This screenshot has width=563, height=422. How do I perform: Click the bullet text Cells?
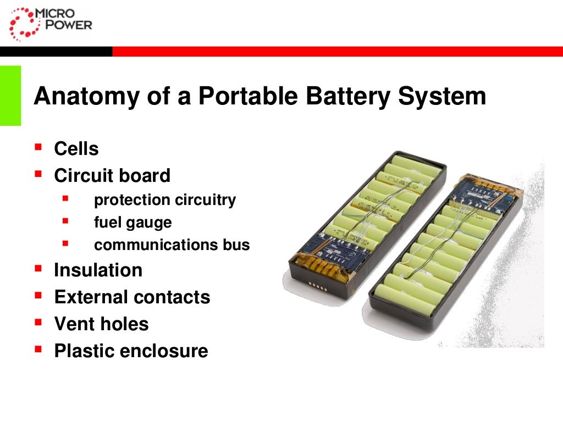(x=76, y=149)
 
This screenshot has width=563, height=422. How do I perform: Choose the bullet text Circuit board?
(x=112, y=176)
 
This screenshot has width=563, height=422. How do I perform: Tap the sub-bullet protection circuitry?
(x=165, y=200)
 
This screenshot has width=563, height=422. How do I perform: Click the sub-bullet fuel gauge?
(x=133, y=223)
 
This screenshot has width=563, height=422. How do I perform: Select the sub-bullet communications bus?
(x=172, y=245)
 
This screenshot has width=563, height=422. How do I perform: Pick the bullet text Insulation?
(x=98, y=270)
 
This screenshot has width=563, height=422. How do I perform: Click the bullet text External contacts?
(x=132, y=297)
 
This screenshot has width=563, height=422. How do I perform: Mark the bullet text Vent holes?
(x=101, y=324)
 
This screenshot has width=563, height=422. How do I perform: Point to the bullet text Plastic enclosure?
(x=131, y=351)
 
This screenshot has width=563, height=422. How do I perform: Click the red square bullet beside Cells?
(x=38, y=147)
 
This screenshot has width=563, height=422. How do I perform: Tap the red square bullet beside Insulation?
(x=38, y=268)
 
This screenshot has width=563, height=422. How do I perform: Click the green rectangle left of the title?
(x=10, y=96)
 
